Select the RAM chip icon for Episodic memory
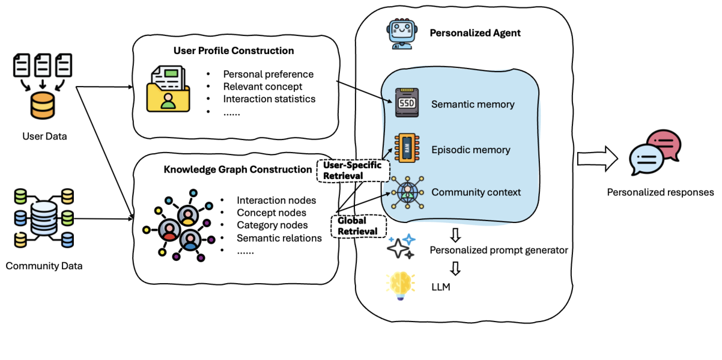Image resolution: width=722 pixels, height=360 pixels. click(x=405, y=148)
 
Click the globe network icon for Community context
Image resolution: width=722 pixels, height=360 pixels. click(x=406, y=192)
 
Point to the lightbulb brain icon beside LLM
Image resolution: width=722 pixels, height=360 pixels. click(x=401, y=286)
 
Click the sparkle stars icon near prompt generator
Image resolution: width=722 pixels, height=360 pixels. click(x=401, y=246)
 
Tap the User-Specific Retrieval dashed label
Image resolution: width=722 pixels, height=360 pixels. click(x=352, y=170)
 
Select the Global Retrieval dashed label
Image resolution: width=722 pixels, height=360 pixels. click(x=357, y=226)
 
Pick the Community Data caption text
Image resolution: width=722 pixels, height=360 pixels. click(x=44, y=266)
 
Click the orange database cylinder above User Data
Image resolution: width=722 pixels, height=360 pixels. click(x=42, y=106)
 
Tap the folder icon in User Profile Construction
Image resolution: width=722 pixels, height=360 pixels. click(x=168, y=90)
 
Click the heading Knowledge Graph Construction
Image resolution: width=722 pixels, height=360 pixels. click(x=238, y=169)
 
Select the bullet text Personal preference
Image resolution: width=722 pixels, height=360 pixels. click(x=268, y=75)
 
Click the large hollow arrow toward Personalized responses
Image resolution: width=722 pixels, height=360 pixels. click(x=596, y=159)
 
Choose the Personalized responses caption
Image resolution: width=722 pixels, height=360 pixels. click(x=660, y=192)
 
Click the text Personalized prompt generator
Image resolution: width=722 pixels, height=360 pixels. click(x=499, y=250)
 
